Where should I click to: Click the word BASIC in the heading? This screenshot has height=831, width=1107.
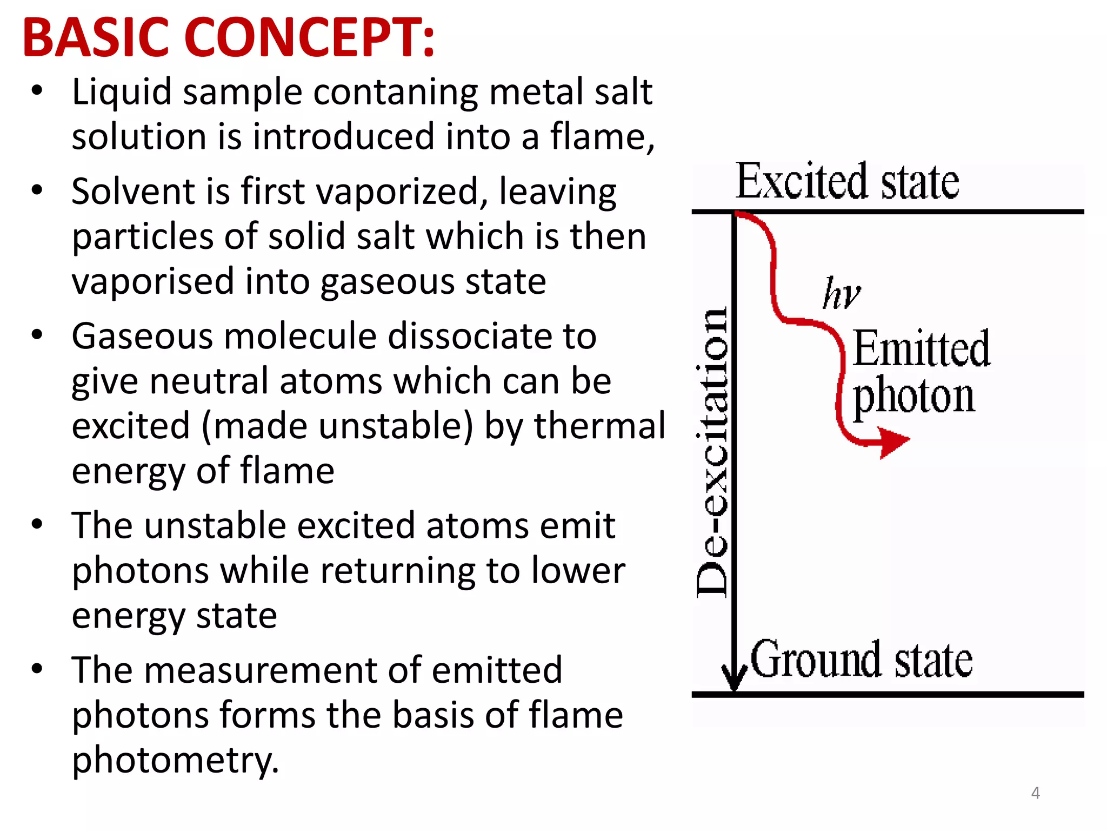96,38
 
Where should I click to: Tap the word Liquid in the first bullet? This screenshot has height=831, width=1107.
122,92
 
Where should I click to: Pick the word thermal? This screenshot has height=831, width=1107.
600,425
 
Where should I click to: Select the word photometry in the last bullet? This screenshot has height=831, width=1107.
175,760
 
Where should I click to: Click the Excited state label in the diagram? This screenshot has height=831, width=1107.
847,181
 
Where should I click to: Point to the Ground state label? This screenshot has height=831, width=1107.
862,659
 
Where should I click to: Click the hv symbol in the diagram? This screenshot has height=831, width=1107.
841,294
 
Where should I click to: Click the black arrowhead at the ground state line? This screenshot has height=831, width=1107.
734,680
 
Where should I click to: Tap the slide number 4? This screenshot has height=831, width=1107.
1035,793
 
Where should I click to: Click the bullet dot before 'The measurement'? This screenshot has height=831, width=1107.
37,669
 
